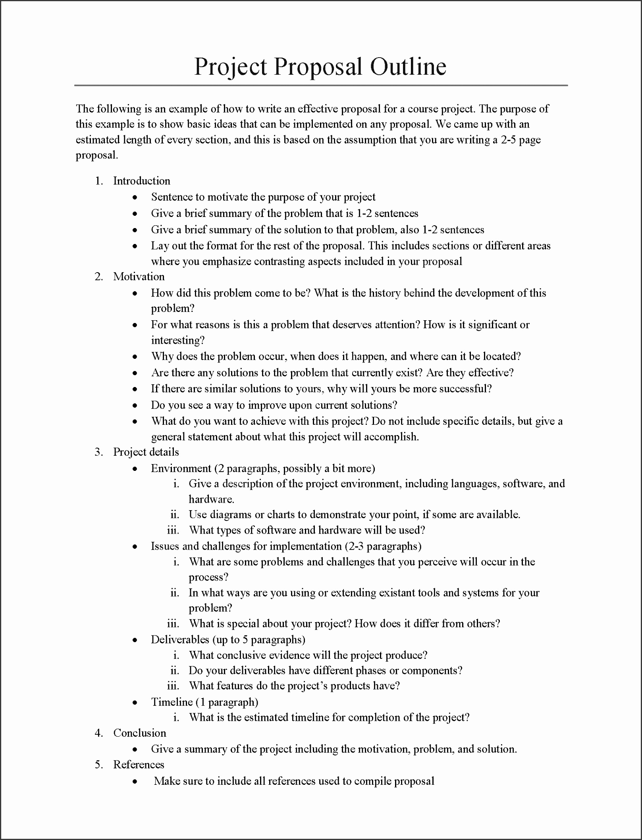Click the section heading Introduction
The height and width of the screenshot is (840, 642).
coord(141,181)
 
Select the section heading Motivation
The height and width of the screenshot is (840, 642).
coord(139,277)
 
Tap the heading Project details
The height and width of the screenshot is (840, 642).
coord(146,452)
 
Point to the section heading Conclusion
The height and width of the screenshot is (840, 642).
coord(139,733)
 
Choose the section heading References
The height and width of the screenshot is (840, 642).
coord(139,765)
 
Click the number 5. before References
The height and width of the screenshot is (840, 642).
coord(99,765)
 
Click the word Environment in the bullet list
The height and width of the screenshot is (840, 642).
coord(181,468)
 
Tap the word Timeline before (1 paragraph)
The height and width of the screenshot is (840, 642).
coord(172,702)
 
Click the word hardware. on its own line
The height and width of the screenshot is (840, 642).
coord(211,499)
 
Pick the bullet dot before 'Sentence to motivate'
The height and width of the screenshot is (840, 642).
coord(135,197)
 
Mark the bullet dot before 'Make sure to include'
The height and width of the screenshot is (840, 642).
coord(135,782)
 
